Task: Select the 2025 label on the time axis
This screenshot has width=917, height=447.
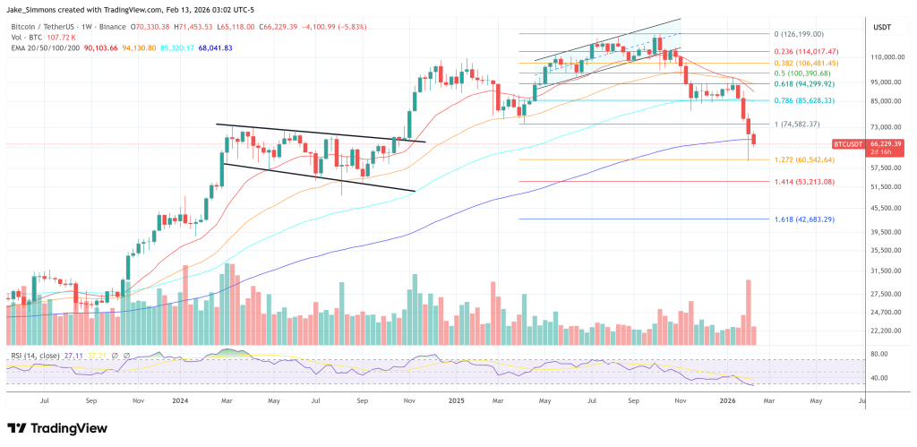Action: pos(455,401)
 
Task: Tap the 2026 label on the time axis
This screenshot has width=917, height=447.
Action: pos(729,401)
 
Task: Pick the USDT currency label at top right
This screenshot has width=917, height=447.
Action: pos(882,28)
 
